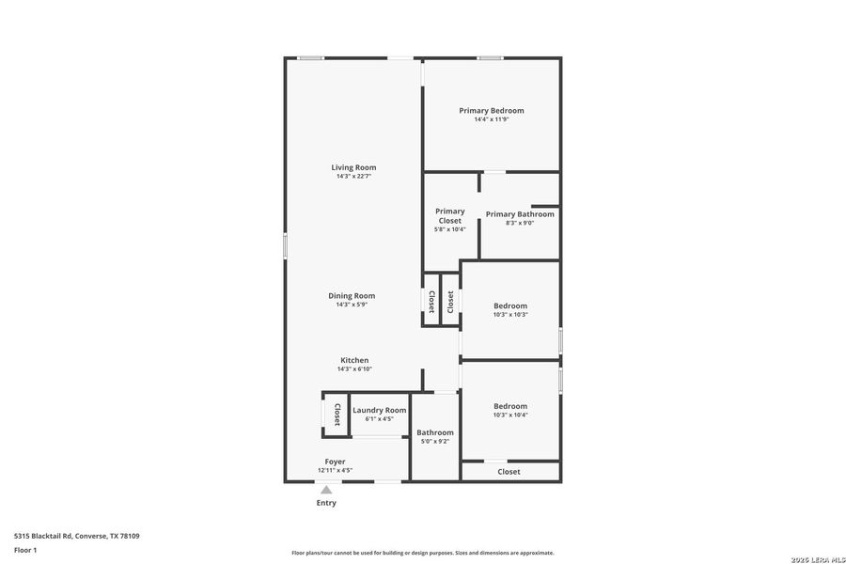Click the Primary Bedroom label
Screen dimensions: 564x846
(491, 111)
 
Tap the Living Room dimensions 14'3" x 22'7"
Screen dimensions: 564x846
(353, 177)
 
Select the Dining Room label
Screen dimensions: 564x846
(352, 296)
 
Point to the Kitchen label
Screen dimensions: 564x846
(354, 360)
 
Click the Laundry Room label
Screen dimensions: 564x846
(379, 410)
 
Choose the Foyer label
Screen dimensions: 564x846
(335, 462)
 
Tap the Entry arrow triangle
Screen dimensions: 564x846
(325, 490)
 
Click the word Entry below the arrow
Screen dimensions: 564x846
(325, 503)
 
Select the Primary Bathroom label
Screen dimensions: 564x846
(520, 214)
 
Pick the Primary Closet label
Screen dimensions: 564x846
(449, 216)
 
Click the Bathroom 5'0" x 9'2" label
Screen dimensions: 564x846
(435, 436)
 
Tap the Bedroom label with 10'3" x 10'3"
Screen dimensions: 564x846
(510, 305)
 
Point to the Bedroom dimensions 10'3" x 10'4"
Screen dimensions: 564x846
(510, 415)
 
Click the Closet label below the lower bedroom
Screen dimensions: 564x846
(509, 472)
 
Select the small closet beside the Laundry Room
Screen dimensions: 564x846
(337, 414)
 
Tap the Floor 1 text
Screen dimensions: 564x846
(25, 549)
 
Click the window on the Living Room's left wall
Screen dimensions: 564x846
(286, 246)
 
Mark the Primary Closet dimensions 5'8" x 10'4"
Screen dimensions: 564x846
(449, 229)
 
